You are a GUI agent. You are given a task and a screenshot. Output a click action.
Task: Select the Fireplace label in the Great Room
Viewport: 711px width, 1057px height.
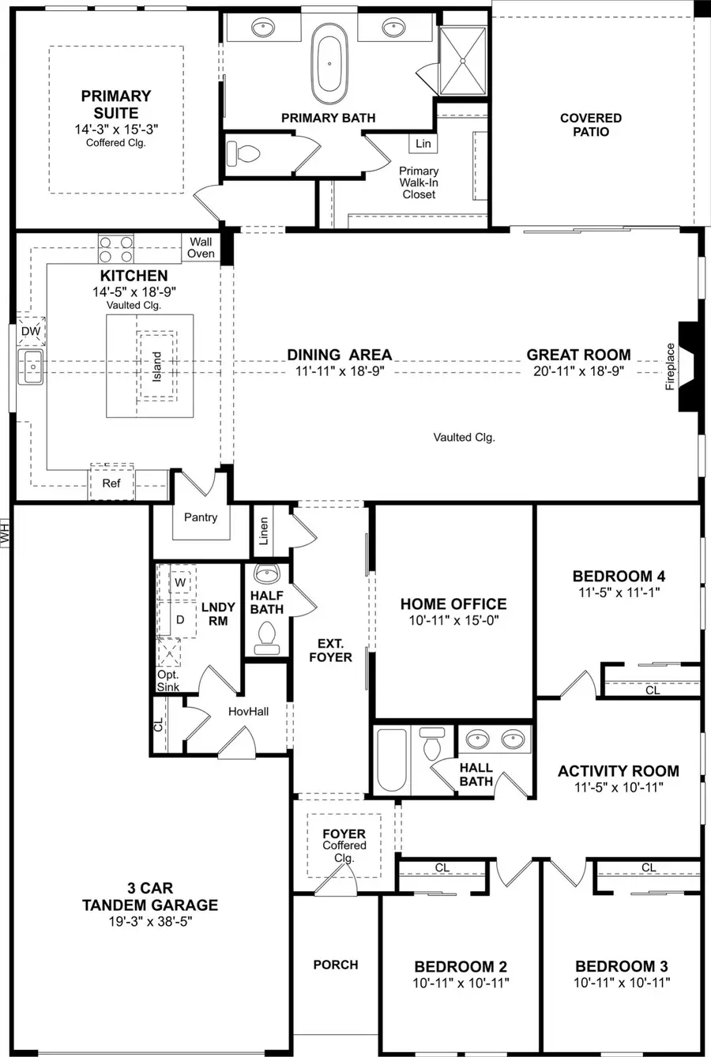tap(670, 366)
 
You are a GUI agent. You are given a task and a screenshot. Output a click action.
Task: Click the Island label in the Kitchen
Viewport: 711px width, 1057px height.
tap(156, 366)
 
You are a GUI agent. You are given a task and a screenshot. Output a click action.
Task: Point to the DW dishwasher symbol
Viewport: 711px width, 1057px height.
tap(30, 332)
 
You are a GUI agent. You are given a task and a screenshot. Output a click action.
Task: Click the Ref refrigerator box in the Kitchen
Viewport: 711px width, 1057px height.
tap(111, 482)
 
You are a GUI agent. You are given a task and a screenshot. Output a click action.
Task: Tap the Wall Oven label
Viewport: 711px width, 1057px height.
tap(201, 248)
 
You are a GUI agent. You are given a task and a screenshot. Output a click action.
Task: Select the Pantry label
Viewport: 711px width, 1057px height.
tap(201, 517)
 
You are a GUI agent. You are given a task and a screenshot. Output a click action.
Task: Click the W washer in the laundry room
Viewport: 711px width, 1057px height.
tap(180, 582)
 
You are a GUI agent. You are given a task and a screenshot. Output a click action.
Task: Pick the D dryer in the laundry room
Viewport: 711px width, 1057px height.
tap(180, 620)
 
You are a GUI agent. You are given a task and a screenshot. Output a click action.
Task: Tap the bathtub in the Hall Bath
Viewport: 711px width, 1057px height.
tap(392, 761)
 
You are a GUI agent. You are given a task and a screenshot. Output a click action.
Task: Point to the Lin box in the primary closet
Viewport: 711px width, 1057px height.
tap(423, 143)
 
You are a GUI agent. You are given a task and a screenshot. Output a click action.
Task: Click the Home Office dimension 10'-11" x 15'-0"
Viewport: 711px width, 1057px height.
tap(453, 621)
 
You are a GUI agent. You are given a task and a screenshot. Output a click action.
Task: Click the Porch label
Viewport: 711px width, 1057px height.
tap(336, 965)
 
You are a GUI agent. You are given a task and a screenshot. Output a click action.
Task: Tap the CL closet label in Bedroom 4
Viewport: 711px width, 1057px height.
tap(653, 690)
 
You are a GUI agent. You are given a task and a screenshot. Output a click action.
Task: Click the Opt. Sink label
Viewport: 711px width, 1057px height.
tap(167, 681)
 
